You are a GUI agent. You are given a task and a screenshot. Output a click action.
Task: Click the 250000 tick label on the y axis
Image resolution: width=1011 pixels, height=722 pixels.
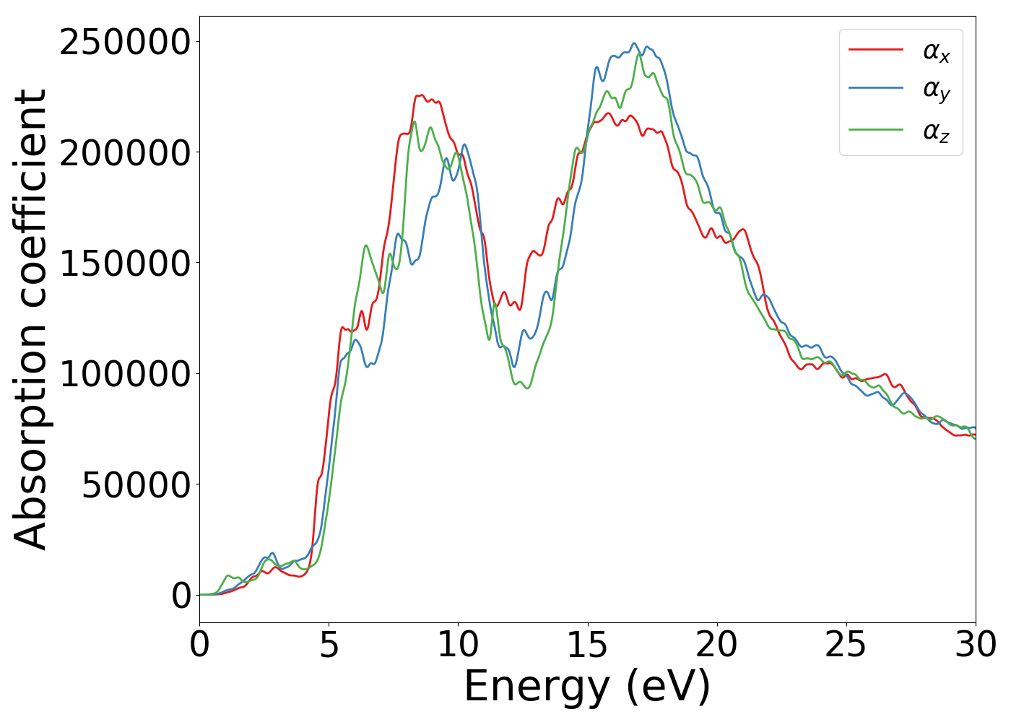pos(125,43)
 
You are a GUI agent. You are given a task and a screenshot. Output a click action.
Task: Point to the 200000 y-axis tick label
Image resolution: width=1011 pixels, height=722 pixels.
pos(125,153)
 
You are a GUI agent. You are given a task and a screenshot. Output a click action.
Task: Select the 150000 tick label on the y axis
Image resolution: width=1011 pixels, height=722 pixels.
pos(125,264)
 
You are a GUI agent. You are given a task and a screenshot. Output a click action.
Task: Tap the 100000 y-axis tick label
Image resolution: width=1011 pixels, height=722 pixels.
pos(125,374)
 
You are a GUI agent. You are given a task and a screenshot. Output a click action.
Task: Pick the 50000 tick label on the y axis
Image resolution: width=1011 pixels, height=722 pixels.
pos(136,484)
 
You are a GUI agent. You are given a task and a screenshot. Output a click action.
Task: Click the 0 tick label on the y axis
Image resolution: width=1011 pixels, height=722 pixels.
pos(182,596)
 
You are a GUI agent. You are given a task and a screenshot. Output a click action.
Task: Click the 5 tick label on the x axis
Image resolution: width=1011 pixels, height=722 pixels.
pos(329,645)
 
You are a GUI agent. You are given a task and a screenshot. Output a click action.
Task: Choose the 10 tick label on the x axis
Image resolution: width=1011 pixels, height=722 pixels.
pos(458,645)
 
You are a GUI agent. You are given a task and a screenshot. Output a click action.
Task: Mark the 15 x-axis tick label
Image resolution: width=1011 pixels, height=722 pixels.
pos(587,645)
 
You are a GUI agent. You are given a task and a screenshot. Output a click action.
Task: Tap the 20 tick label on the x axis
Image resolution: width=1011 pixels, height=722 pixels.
pos(716,645)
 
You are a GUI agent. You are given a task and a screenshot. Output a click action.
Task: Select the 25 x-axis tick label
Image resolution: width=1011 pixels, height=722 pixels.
pos(846,645)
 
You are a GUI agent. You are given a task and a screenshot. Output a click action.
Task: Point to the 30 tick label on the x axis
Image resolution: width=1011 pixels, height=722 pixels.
pos(975,645)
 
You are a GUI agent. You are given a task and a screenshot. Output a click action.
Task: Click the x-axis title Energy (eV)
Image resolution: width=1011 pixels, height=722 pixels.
pos(587,687)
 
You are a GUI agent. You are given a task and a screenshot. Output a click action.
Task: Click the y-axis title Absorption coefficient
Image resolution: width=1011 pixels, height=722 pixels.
pos(31,319)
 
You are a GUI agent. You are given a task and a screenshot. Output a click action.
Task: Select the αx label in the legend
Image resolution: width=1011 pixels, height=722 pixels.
pos(936,51)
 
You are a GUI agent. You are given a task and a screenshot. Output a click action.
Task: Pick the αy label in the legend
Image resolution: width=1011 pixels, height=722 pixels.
pos(936,91)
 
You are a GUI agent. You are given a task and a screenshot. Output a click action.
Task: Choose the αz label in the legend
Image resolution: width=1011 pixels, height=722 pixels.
pos(936,131)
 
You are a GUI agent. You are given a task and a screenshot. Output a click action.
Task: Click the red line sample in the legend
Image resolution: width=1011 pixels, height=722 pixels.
pos(875,49)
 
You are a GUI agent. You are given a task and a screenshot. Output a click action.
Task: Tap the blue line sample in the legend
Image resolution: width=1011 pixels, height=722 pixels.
pos(875,89)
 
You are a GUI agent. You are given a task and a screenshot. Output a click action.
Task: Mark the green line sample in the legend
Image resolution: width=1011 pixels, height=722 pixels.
pos(875,129)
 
